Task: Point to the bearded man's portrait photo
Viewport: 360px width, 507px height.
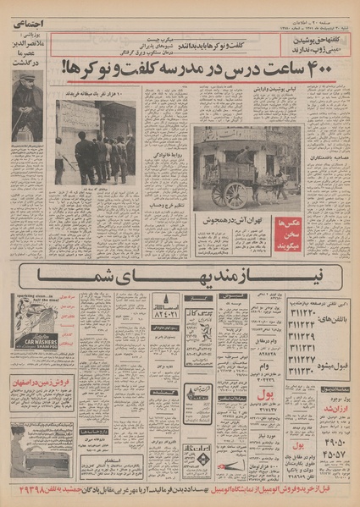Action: point(26,106)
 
